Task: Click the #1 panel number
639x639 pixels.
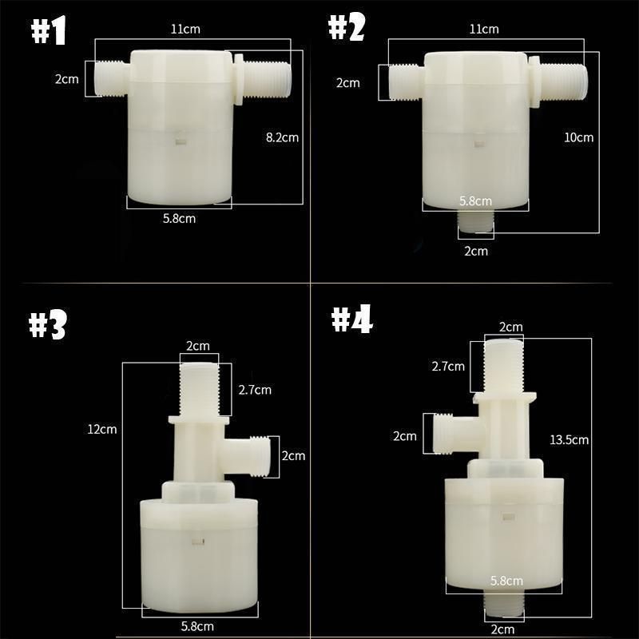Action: (x=49, y=32)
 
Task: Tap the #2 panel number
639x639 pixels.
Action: (x=346, y=30)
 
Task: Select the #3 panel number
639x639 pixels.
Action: (x=48, y=326)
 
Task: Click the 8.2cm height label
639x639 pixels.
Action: (x=282, y=137)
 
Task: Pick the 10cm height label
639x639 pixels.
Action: (x=579, y=137)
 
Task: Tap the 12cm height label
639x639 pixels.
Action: (x=102, y=429)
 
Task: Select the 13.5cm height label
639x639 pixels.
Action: (x=570, y=440)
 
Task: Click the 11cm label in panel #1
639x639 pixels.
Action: (x=185, y=30)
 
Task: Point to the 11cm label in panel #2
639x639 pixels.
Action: (x=483, y=30)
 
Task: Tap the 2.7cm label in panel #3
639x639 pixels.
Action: (x=255, y=390)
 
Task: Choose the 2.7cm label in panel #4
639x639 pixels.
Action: (x=448, y=367)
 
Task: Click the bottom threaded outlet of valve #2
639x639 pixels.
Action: (x=476, y=223)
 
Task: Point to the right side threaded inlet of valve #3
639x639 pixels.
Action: (x=257, y=456)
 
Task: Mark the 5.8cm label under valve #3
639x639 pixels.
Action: (x=196, y=626)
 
